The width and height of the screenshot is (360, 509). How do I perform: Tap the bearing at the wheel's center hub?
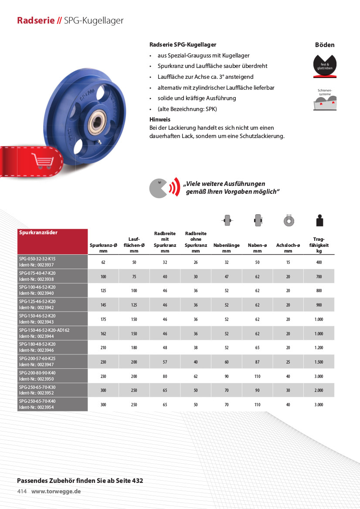tap(97, 126)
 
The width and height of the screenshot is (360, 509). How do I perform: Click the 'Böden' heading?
tap(325, 45)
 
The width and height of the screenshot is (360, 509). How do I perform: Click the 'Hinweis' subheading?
tap(160, 119)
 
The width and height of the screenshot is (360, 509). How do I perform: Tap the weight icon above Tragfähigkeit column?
tap(319, 221)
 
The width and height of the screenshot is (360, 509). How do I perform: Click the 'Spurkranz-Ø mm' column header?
tap(103, 248)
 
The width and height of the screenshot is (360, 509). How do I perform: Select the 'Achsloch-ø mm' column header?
tap(288, 248)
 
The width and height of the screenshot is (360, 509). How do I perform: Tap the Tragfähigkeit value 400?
tap(319, 263)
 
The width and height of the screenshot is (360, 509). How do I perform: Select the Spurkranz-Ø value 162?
tap(103, 334)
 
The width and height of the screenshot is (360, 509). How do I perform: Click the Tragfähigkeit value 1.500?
tap(319, 362)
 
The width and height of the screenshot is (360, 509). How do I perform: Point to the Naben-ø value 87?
tap(257, 362)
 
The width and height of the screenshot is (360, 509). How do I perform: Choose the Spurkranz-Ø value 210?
tap(103, 348)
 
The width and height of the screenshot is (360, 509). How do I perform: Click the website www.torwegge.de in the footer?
tap(56, 491)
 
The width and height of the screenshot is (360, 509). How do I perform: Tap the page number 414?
tap(22, 491)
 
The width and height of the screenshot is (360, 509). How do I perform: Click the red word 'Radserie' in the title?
tap(36, 20)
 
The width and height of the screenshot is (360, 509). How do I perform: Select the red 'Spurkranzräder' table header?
tap(38, 233)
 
